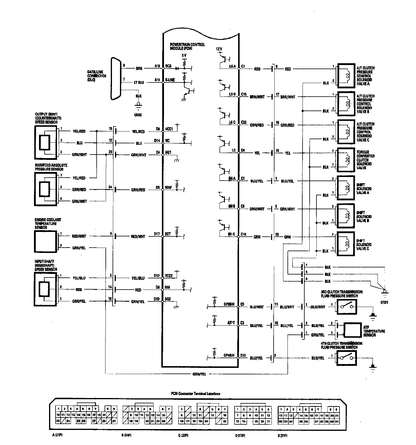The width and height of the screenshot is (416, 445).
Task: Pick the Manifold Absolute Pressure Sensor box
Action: pos(45,189)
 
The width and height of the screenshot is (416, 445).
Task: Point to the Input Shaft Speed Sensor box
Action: pos(45,289)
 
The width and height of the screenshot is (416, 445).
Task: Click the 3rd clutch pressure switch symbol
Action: pos(346,307)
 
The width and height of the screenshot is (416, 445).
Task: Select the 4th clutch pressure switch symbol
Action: pos(346,358)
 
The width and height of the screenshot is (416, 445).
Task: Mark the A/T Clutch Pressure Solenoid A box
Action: pos(346,76)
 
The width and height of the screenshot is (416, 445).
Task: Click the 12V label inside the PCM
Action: pos(219,49)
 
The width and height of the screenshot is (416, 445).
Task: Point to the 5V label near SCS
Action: pos(184,55)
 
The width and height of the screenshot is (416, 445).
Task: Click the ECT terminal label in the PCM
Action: pos(168,234)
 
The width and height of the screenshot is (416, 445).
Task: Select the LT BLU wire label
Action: pos(139,83)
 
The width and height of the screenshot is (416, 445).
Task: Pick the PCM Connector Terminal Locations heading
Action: pos(196,394)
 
